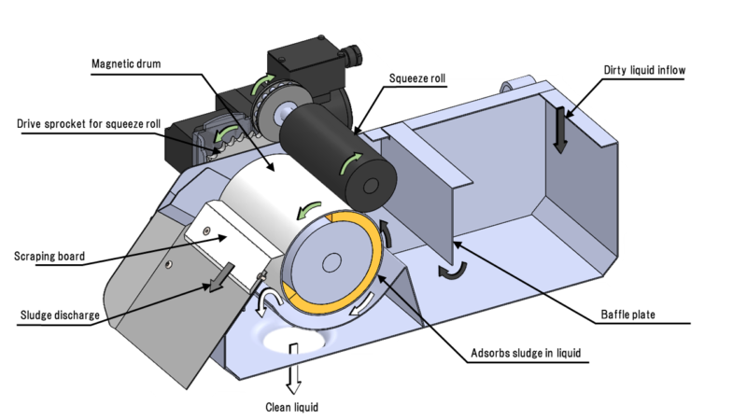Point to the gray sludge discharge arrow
coord(220,277)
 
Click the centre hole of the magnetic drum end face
coord(331,264)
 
